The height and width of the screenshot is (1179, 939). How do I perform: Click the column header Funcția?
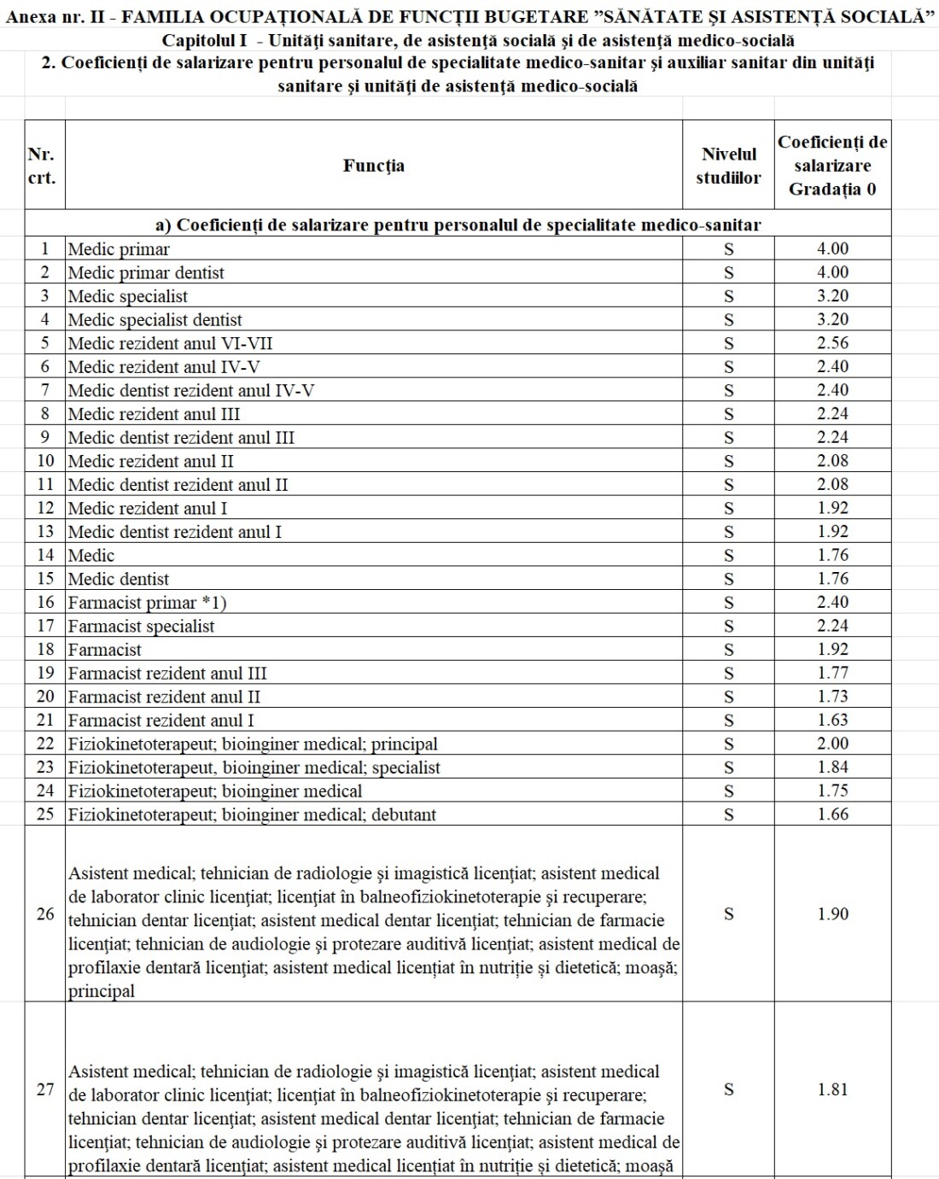coord(374,166)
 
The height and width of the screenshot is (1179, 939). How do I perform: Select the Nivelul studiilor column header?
coord(728,166)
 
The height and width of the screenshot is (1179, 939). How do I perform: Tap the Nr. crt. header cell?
coord(42,166)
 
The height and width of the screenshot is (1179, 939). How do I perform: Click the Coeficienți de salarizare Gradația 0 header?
coord(832,166)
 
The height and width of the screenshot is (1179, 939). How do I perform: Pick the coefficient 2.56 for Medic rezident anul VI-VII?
coord(832,343)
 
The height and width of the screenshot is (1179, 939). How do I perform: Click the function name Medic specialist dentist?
coord(155,320)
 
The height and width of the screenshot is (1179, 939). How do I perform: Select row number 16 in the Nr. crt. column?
coord(45,602)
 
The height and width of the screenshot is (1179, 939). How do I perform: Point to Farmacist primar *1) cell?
coord(148,603)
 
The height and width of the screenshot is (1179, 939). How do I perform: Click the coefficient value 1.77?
coord(832,673)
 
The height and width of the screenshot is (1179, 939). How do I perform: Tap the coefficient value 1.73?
coord(832,697)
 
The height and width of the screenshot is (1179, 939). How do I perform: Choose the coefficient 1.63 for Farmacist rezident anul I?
coord(832,720)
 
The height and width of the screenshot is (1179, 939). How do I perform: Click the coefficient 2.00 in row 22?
coord(832,744)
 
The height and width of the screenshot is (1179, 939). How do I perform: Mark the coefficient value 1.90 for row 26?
coord(832,913)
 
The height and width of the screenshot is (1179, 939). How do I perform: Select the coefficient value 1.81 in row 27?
coord(832,1089)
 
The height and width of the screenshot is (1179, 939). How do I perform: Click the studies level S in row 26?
coord(728,913)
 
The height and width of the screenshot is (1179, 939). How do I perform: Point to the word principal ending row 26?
coord(102,992)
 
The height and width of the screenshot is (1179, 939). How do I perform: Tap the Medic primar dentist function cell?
coord(146,273)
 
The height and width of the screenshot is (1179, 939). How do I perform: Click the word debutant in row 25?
coord(403,814)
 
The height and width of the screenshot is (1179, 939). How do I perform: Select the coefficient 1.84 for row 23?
coord(832,767)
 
